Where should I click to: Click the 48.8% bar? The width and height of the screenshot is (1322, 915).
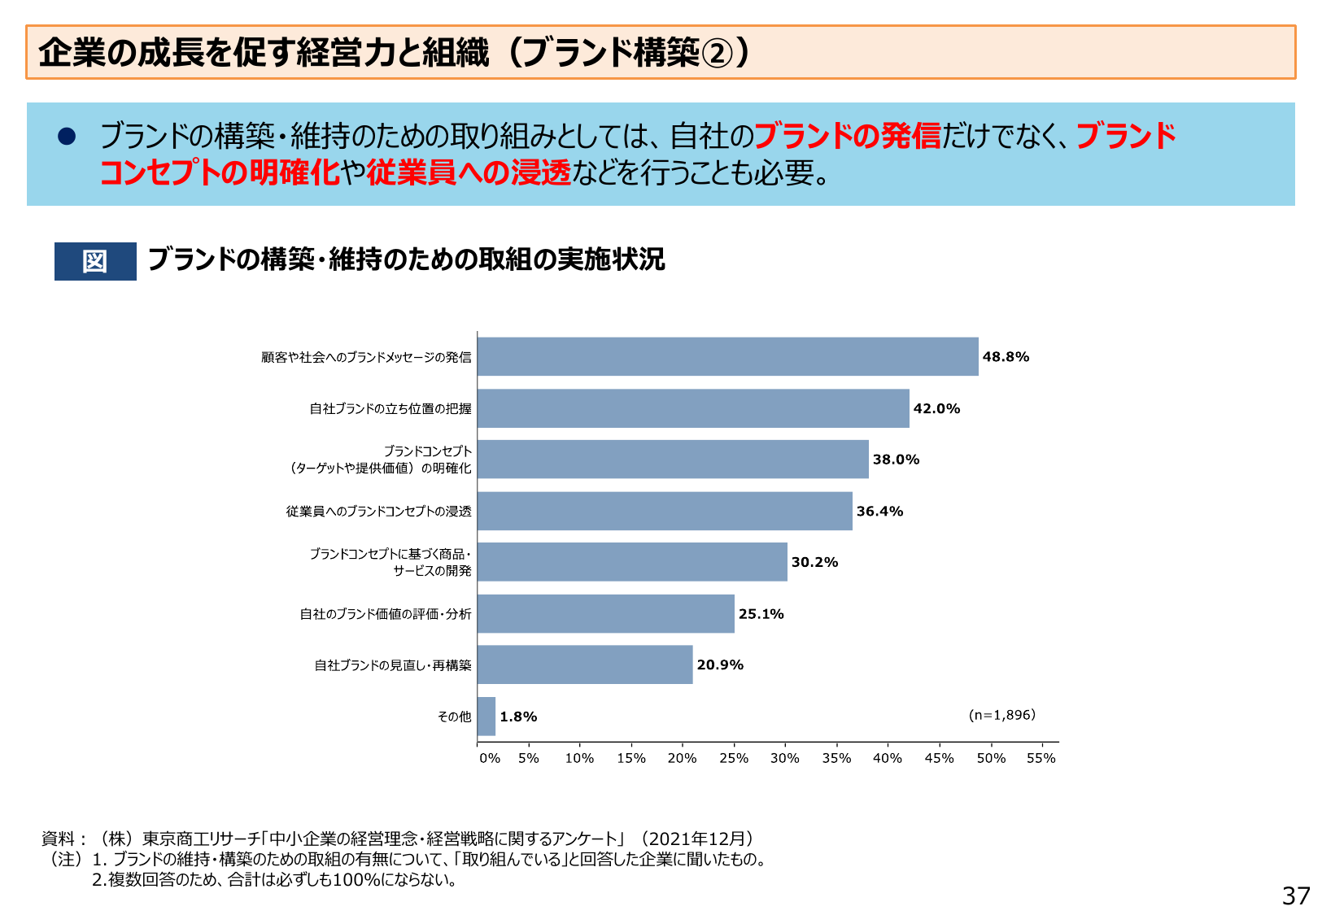(x=727, y=356)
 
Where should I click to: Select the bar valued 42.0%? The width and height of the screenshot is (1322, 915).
(x=693, y=408)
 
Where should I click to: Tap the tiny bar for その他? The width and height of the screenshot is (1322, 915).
(x=486, y=717)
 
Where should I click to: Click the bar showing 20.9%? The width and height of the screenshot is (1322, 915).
(x=585, y=664)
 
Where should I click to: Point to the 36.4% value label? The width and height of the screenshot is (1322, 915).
(x=879, y=512)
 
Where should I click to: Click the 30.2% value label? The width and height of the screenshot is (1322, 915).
(x=814, y=563)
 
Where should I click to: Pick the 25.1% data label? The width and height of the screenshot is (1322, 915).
(x=761, y=614)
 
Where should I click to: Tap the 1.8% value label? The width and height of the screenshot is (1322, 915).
(x=518, y=717)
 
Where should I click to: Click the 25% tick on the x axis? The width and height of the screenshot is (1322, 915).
(x=733, y=758)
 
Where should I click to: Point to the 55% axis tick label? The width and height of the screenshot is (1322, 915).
(x=1041, y=758)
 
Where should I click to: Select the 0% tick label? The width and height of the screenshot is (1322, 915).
(x=489, y=758)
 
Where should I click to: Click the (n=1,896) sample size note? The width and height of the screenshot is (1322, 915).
(x=1001, y=715)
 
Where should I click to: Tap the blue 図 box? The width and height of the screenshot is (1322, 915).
(x=95, y=261)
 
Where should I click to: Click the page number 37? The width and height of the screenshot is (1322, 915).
(x=1295, y=895)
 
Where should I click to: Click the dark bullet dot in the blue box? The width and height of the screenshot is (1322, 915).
(x=67, y=137)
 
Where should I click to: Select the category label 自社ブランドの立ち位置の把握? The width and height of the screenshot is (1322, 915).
(x=390, y=408)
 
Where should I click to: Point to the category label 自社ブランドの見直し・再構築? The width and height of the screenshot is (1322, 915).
(x=393, y=665)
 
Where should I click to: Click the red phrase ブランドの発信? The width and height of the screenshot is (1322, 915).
(x=847, y=136)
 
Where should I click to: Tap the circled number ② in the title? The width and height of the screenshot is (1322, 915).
(x=717, y=54)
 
